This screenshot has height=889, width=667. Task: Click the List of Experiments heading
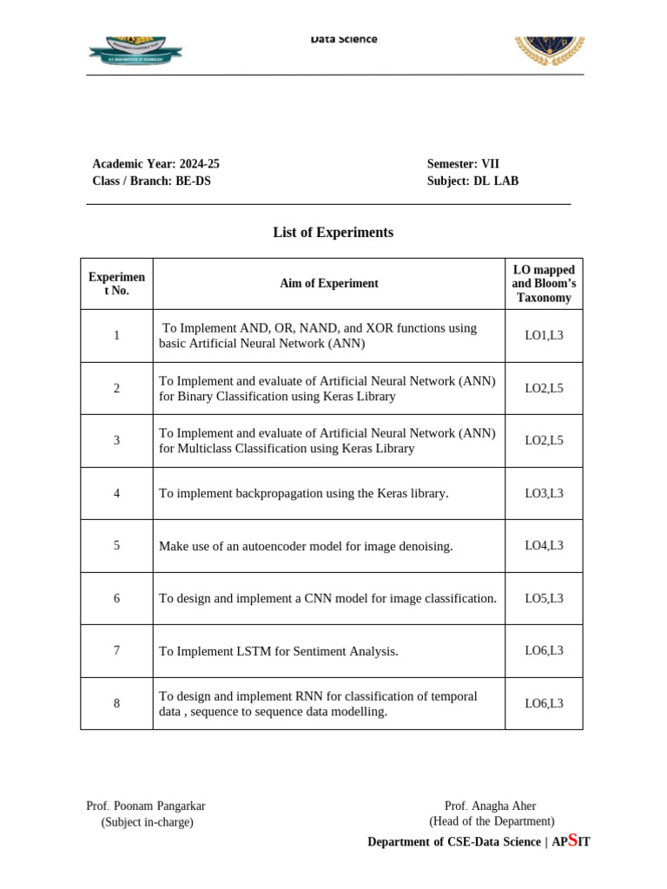coord(333,233)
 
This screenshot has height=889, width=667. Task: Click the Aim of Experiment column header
coord(328,283)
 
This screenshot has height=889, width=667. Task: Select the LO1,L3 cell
coord(544,335)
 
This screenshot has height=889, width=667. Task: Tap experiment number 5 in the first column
coord(116,545)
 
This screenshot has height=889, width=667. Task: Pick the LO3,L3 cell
coord(544,493)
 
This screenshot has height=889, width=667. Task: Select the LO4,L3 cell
coord(544,545)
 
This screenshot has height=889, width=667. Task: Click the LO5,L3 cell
coord(544,598)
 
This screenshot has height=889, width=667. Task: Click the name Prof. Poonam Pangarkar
coord(146,806)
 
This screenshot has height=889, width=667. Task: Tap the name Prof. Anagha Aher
coord(490,806)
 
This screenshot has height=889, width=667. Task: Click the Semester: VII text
coord(463,163)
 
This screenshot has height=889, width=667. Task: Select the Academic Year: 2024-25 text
coord(149,163)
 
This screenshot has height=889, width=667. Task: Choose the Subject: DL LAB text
coord(472,181)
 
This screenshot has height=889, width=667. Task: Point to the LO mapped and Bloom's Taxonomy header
coord(544,283)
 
